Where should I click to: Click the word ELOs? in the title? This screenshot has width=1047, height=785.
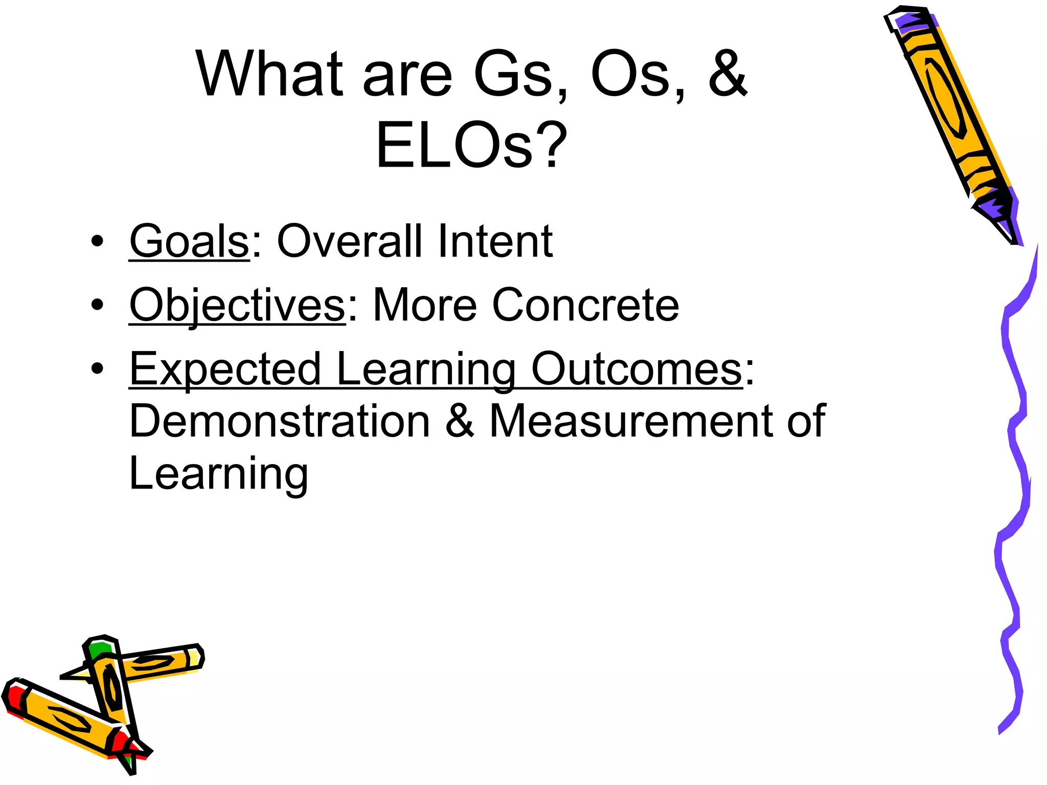[471, 145]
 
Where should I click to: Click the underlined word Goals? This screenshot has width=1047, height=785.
[189, 241]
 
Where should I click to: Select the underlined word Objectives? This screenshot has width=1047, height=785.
[237, 305]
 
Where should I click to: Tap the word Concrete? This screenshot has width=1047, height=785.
[585, 305]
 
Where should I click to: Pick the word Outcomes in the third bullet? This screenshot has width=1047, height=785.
[636, 369]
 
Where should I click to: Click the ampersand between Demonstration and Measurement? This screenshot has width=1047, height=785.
[460, 421]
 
